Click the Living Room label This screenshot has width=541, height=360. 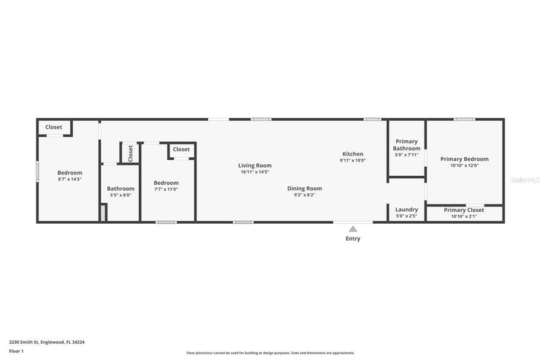pyautogui.click(x=255, y=166)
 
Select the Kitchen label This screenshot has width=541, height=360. pyautogui.click(x=352, y=154)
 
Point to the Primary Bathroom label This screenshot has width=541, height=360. pyautogui.click(x=407, y=145)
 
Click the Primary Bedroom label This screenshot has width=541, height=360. pyautogui.click(x=464, y=159)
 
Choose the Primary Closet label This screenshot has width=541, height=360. pyautogui.click(x=464, y=210)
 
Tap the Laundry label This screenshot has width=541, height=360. pyautogui.click(x=407, y=209)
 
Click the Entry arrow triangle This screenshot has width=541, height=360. pyautogui.click(x=353, y=229)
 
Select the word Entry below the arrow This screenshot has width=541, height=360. pyautogui.click(x=353, y=239)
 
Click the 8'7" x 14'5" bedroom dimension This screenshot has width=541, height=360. pyautogui.click(x=70, y=179)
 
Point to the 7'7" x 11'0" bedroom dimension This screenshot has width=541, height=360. pyautogui.click(x=166, y=189)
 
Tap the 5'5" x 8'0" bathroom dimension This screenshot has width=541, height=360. pyautogui.click(x=121, y=194)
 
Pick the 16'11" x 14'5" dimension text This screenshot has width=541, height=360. pyautogui.click(x=255, y=172)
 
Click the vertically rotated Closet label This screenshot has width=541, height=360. pyautogui.click(x=130, y=153)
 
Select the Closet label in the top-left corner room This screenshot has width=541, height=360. pyautogui.click(x=53, y=127)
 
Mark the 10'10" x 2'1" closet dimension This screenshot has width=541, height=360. pyautogui.click(x=464, y=216)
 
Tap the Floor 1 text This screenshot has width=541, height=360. pyautogui.click(x=16, y=350)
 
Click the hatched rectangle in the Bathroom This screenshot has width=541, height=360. pyautogui.click(x=103, y=213)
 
